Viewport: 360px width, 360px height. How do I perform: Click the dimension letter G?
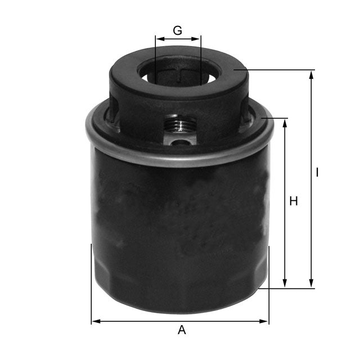pyautogui.click(x=177, y=30)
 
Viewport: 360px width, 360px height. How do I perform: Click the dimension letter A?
pyautogui.click(x=181, y=330)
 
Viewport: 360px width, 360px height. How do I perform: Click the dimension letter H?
pyautogui.click(x=293, y=201)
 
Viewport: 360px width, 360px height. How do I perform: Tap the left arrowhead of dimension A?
pyautogui.click(x=95, y=321)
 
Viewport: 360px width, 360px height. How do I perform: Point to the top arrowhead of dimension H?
pyautogui.click(x=285, y=122)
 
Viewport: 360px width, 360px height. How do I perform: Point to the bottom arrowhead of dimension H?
pyautogui.click(x=285, y=285)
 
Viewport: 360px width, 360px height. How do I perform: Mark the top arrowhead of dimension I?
pyautogui.click(x=311, y=74)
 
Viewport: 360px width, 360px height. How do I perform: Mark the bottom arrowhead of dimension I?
pyautogui.click(x=311, y=285)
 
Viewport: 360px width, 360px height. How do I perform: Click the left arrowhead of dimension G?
pyautogui.click(x=159, y=39)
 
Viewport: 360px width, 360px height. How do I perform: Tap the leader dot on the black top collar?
pyautogui.click(x=236, y=70)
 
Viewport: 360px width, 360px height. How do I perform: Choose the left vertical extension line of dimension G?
pyautogui.click(x=155, y=56)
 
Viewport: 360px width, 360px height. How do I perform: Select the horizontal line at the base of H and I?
pyautogui.click(x=287, y=289)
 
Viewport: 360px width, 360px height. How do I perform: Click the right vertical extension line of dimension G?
pyautogui.click(x=200, y=56)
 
